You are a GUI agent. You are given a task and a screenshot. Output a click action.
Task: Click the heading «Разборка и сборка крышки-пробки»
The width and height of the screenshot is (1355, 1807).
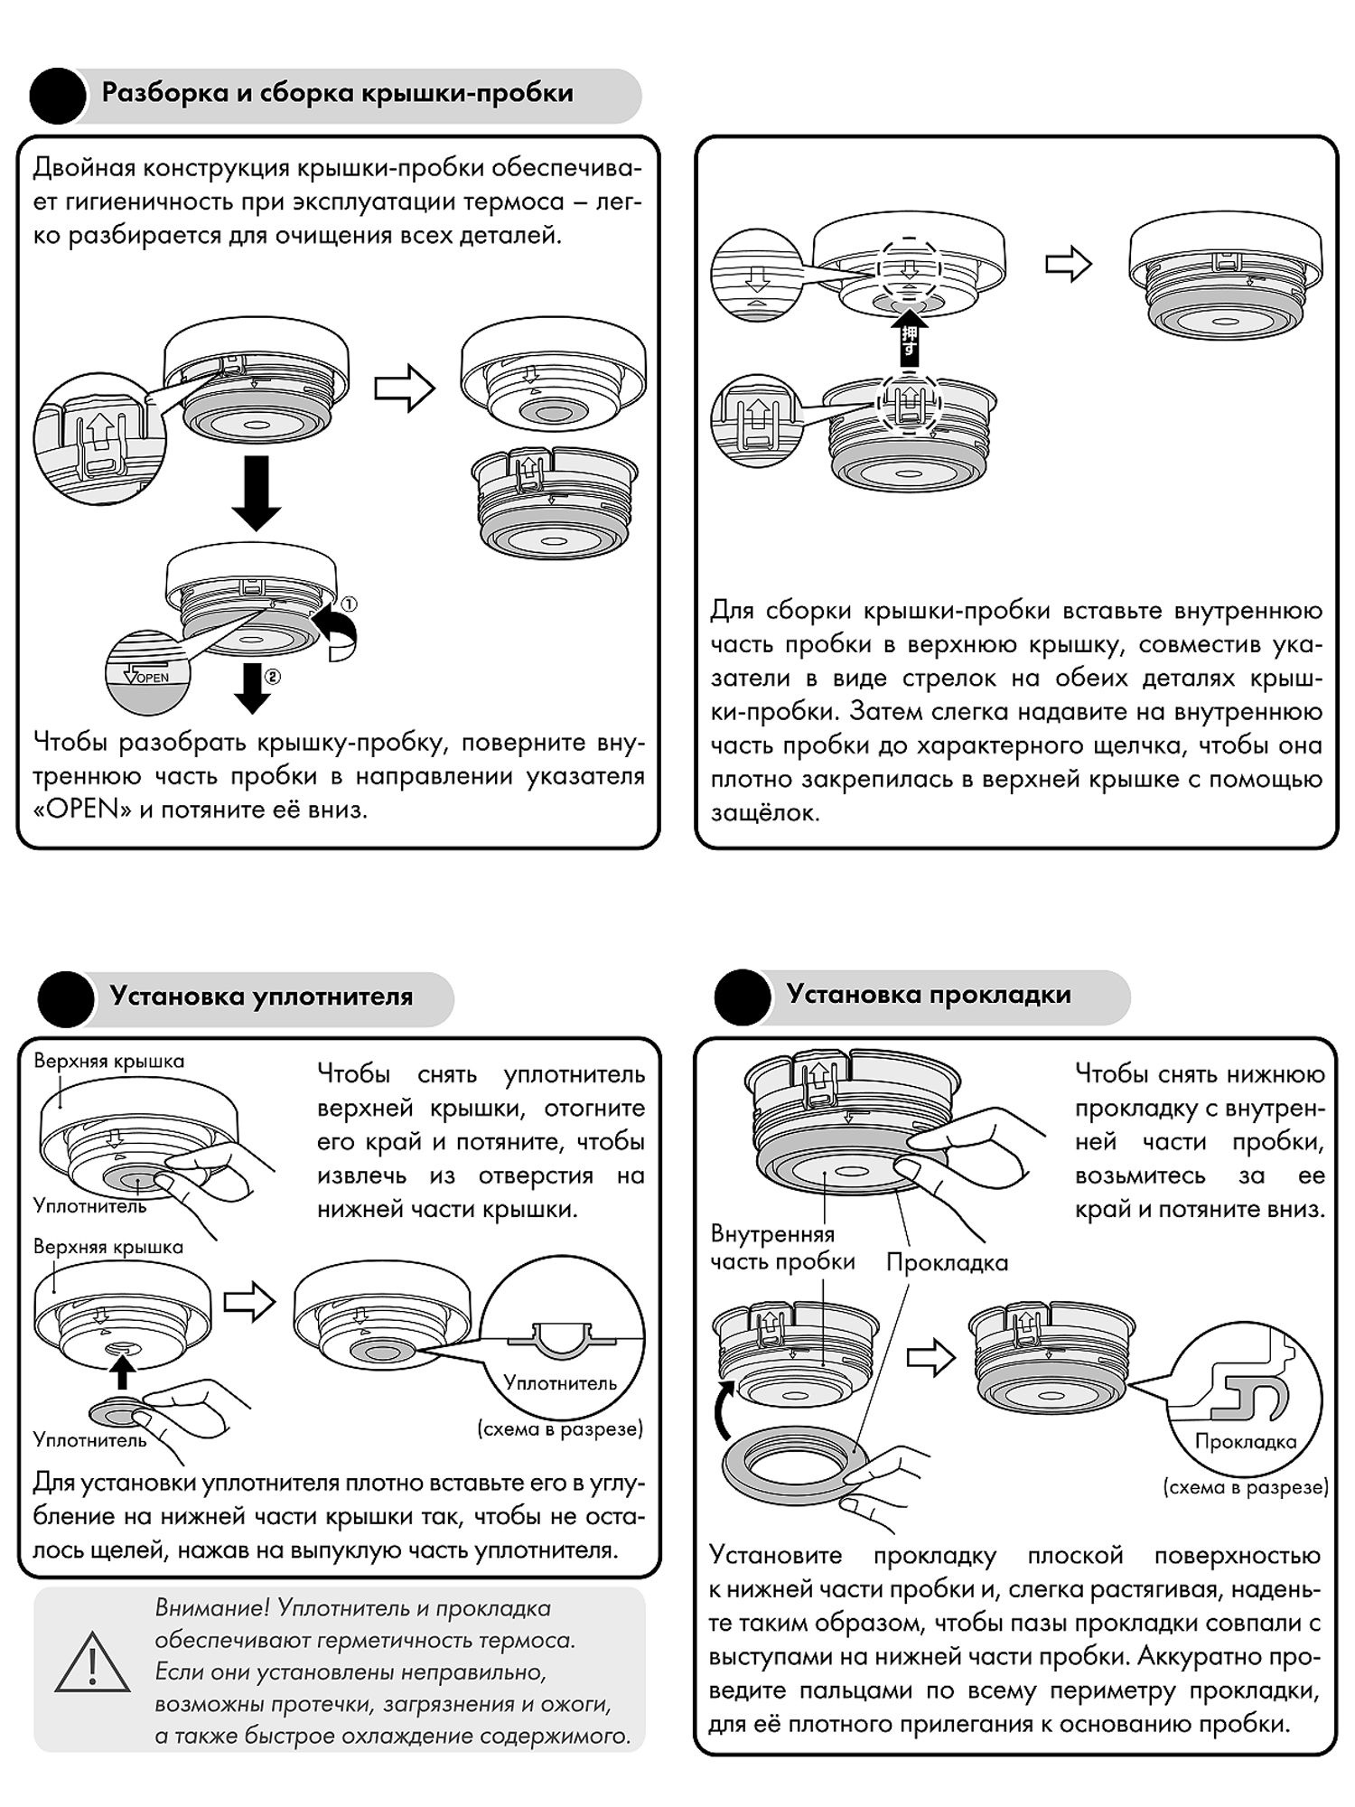(x=338, y=93)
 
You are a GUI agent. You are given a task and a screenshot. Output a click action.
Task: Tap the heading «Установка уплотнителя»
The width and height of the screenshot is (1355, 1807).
(x=261, y=997)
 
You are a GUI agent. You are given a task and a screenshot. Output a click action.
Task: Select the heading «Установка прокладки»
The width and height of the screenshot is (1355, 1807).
(x=929, y=995)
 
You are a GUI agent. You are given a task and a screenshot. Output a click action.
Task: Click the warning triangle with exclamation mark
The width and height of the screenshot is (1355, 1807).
(x=92, y=1663)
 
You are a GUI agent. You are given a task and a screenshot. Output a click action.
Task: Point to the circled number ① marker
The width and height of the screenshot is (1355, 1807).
(x=349, y=604)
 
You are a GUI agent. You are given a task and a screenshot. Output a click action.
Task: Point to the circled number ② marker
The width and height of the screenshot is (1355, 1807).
(x=273, y=677)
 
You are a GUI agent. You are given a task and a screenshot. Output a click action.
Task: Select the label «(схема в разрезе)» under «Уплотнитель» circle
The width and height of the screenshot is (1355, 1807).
(x=560, y=1428)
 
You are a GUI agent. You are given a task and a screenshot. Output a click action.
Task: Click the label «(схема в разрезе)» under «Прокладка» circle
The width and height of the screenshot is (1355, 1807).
(x=1246, y=1486)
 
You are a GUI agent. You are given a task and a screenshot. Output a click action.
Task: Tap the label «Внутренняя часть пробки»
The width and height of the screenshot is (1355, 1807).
(x=782, y=1248)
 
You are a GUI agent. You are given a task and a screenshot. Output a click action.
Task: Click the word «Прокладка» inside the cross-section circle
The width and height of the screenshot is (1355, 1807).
(x=1246, y=1442)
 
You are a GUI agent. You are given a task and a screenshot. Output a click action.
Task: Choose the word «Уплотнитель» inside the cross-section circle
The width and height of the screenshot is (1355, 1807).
(x=560, y=1382)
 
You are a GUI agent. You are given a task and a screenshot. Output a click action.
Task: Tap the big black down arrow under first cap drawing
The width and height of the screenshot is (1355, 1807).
(x=257, y=492)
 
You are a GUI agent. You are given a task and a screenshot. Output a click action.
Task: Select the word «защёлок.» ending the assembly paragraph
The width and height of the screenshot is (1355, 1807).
(x=765, y=813)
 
